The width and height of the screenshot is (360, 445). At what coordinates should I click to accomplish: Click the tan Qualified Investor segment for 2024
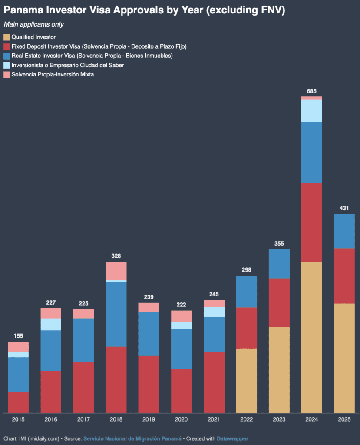pos(311,337)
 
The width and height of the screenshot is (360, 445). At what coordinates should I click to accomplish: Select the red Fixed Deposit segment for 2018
pos(116,379)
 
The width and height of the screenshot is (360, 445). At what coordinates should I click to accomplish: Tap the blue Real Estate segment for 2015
pos(18,374)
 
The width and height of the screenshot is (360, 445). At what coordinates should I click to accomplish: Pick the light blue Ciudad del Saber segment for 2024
pos(311,110)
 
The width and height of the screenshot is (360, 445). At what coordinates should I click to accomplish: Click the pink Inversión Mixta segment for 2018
pos(116,271)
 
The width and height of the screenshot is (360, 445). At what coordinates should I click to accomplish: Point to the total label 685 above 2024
pos(311,91)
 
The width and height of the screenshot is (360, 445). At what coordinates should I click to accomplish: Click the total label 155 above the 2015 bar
pos(18,336)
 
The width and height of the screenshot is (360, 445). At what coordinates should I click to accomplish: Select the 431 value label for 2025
pos(344,208)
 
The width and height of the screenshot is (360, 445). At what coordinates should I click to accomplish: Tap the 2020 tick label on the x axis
pos(181,420)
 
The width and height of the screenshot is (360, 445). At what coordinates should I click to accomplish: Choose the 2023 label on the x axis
pos(279,420)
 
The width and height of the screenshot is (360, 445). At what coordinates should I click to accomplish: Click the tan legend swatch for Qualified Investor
pos(7,37)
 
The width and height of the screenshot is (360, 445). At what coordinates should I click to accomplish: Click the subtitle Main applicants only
pos(33,24)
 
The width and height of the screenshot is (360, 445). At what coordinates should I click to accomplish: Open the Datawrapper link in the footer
pos(232,439)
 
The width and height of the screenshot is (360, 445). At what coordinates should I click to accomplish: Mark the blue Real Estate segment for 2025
pos(344,231)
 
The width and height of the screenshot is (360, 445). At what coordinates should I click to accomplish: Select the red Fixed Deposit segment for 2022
pos(246,328)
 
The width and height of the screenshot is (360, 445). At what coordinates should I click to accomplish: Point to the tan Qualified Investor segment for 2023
pos(279,369)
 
